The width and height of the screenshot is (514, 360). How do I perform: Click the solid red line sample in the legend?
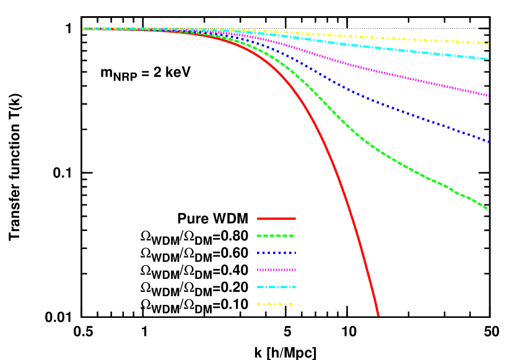pyautogui.click(x=276, y=219)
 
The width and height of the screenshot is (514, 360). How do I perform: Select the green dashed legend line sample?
pyautogui.click(x=276, y=235)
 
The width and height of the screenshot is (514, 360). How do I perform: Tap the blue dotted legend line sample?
pyautogui.click(x=276, y=253)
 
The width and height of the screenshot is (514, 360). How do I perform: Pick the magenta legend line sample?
pyautogui.click(x=276, y=270)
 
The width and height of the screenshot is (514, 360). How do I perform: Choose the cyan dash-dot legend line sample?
pyautogui.click(x=276, y=287)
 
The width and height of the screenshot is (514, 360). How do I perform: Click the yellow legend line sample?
pyautogui.click(x=276, y=304)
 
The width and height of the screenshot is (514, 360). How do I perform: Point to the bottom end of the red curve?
pyautogui.click(x=378, y=315)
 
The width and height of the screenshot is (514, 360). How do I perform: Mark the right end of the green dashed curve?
pyautogui.click(x=488, y=209)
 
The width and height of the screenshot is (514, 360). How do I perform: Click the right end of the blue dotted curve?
pyautogui.click(x=488, y=142)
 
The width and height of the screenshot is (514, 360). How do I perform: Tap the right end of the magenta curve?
pyautogui.click(x=488, y=95)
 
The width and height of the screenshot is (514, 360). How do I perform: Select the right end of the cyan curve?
pyautogui.click(x=488, y=59)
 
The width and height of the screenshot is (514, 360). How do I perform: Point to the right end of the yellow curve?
pyautogui.click(x=488, y=43)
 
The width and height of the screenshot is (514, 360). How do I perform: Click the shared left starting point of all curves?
pyautogui.click(x=83, y=29)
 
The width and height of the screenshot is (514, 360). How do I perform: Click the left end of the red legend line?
pyautogui.click(x=258, y=219)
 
